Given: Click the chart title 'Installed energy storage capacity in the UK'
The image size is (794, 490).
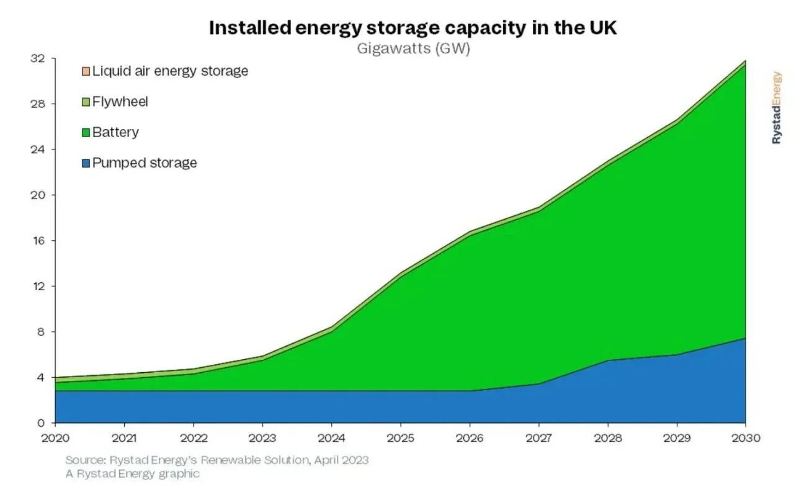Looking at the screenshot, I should tap(413, 28).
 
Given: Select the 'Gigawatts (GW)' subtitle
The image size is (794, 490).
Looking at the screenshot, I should tap(413, 49).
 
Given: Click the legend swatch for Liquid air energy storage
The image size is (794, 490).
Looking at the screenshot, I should tap(86, 71).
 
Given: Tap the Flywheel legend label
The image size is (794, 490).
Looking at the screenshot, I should tap(120, 101).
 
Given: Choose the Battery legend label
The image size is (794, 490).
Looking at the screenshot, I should tap(115, 132).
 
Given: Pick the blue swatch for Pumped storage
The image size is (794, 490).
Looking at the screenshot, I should tap(86, 164).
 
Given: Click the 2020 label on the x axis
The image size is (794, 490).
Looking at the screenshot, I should tap(56, 438).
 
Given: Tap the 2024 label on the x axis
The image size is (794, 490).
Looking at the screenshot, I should tap(332, 438).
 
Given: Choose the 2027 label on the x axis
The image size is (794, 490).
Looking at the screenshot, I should tap(538, 438).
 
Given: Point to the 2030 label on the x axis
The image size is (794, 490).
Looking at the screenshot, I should tap(745, 438).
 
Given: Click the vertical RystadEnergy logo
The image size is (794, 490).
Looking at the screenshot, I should tap(777, 107).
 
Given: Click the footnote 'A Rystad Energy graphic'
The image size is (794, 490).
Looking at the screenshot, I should tap(133, 474).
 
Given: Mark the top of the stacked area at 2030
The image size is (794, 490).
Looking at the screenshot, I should tap(745, 61).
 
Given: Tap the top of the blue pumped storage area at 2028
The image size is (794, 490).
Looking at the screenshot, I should tap(607, 360).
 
